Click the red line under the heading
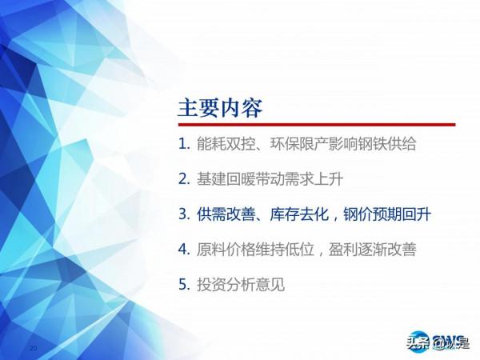coord(316,125)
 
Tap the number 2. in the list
coord(185,179)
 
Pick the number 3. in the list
coord(185,214)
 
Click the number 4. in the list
coord(185,250)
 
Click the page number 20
coord(33,349)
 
